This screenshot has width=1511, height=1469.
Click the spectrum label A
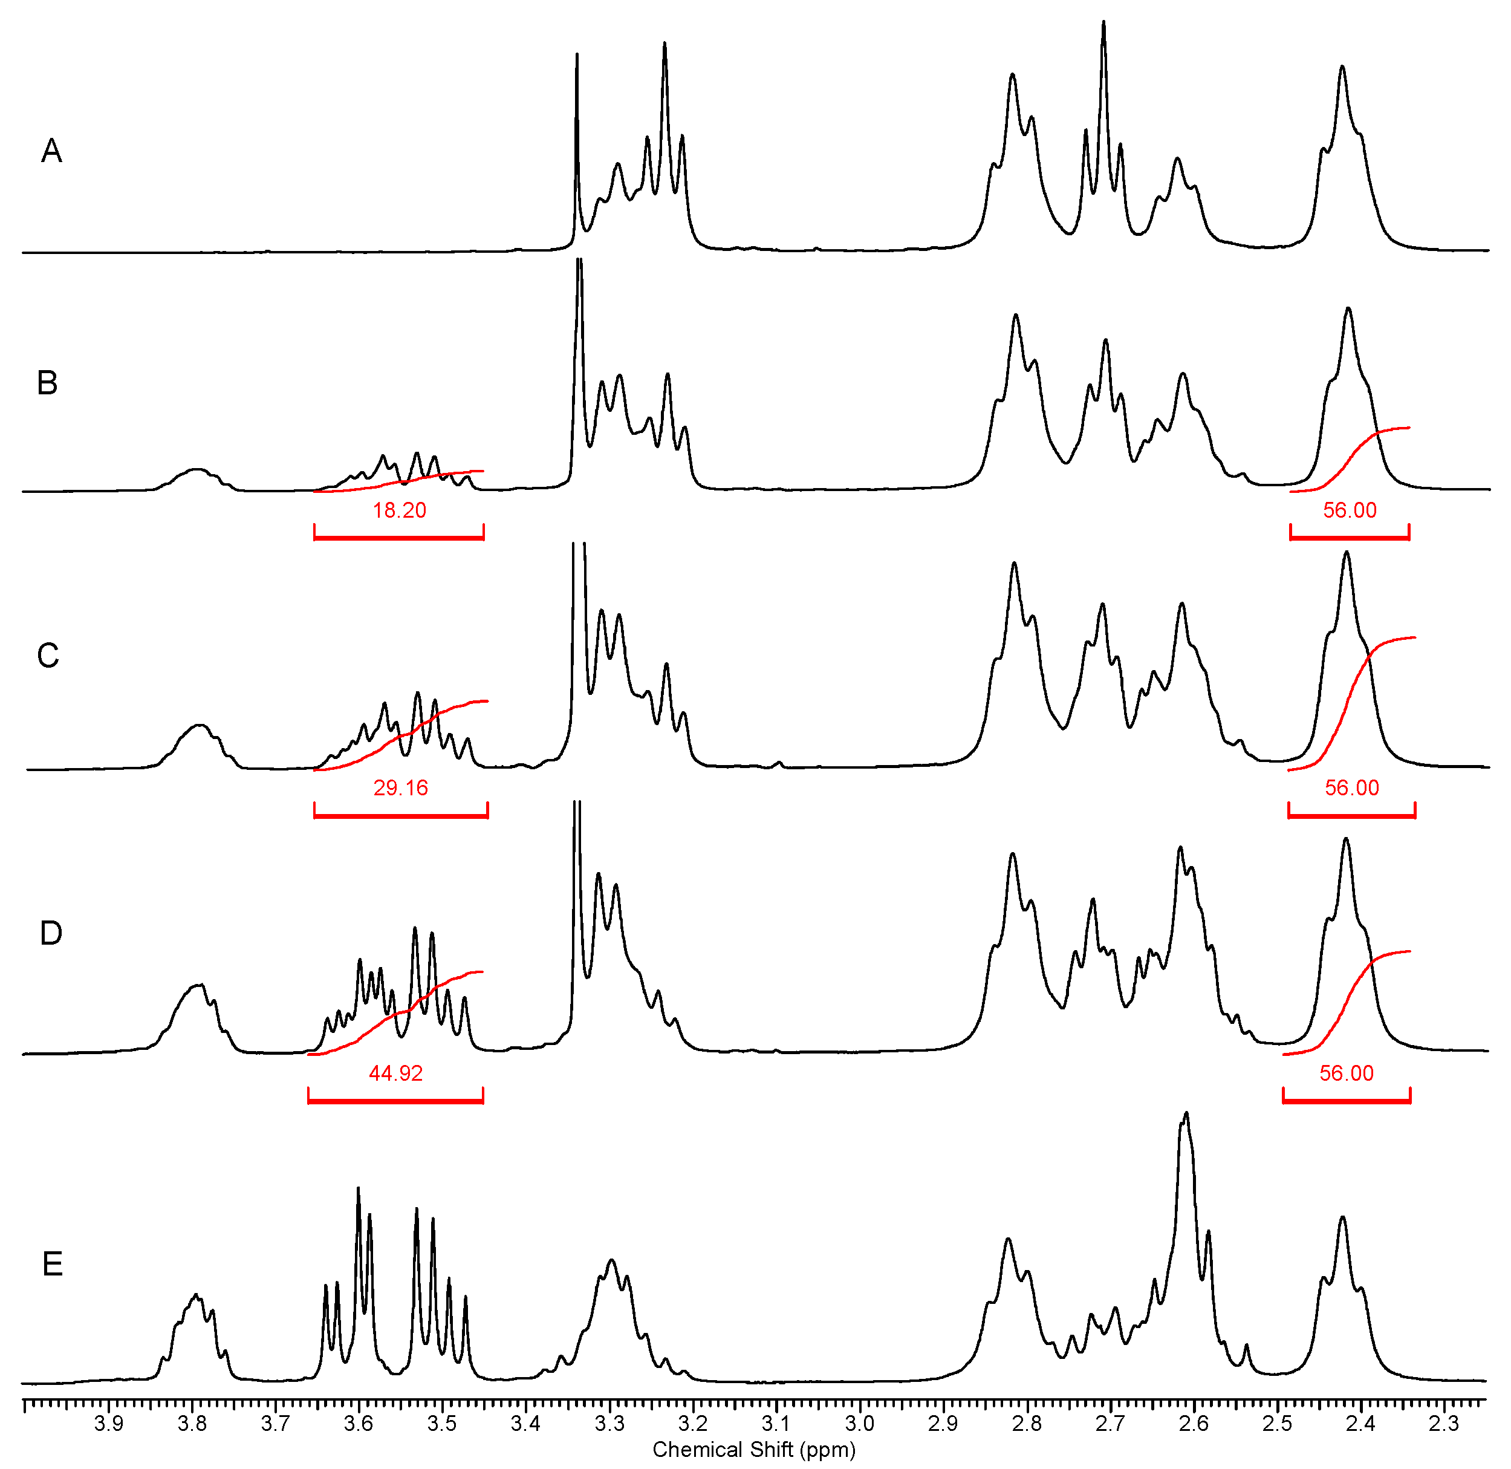pyautogui.click(x=51, y=151)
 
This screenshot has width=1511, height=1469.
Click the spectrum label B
pyautogui.click(x=47, y=383)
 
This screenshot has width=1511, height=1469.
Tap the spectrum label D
pyautogui.click(x=51, y=934)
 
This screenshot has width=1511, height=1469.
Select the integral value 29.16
pyautogui.click(x=400, y=789)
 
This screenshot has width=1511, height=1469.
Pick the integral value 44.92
pyautogui.click(x=395, y=1074)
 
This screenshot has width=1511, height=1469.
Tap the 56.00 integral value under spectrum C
pyautogui.click(x=1351, y=789)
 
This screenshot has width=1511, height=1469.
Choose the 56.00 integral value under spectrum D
pyautogui.click(x=1346, y=1074)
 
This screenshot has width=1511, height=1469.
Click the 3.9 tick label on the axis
pyautogui.click(x=108, y=1424)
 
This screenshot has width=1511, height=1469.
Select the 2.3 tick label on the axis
pyautogui.click(x=1443, y=1424)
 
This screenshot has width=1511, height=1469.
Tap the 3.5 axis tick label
pyautogui.click(x=442, y=1424)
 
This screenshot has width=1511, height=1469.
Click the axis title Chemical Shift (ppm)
pyautogui.click(x=753, y=1450)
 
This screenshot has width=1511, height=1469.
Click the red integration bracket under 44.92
pyautogui.click(x=395, y=1100)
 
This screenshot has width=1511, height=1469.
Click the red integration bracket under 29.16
pyautogui.click(x=400, y=814)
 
